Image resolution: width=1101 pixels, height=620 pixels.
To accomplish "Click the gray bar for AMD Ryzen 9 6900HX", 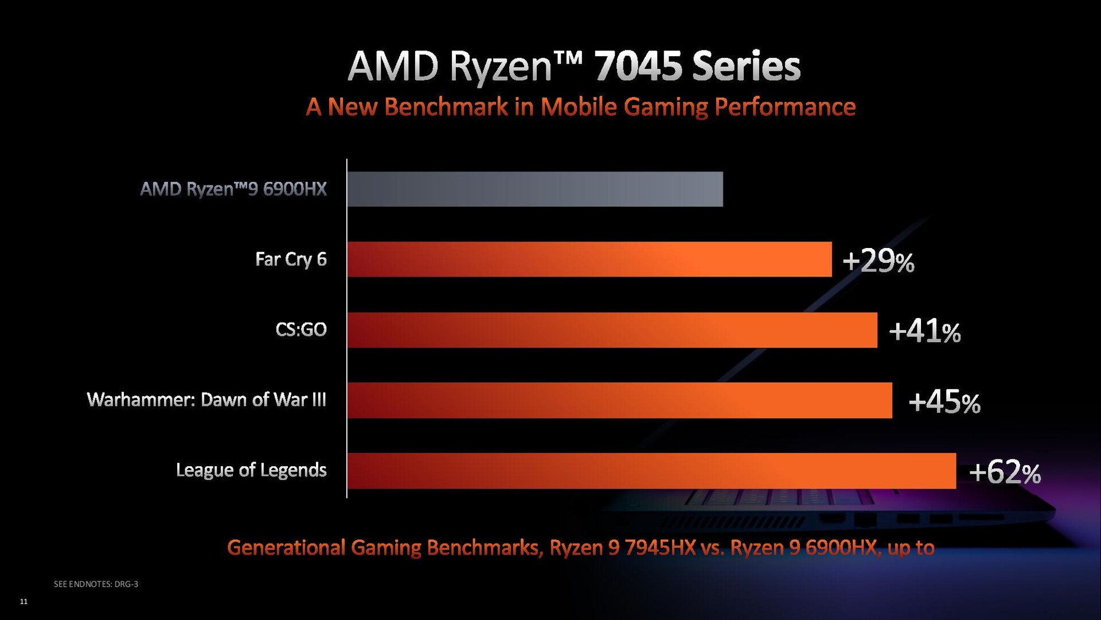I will (x=534, y=189).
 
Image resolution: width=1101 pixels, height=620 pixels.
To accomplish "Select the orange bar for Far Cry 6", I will (x=589, y=259).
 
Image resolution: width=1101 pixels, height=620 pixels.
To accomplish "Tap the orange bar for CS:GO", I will (x=612, y=330).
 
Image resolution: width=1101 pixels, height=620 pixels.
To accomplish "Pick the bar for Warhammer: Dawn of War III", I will (x=619, y=400).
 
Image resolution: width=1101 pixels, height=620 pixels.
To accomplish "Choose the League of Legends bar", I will (x=651, y=471).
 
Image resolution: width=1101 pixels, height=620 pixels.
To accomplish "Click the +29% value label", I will (x=878, y=261).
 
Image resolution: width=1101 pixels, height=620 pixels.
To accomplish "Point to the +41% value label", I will (x=924, y=331).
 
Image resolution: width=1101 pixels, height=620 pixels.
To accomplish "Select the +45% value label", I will (x=944, y=402).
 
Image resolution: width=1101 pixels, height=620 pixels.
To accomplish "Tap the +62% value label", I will (x=1005, y=472).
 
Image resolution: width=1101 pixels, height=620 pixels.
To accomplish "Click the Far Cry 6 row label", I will (x=291, y=259).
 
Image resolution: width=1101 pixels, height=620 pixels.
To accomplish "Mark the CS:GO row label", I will (x=301, y=330).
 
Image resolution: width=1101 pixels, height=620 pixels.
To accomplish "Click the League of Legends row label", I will (x=251, y=470).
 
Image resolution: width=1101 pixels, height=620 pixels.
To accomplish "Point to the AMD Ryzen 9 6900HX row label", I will (x=233, y=189).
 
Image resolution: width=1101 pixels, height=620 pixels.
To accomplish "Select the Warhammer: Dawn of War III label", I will (x=206, y=400).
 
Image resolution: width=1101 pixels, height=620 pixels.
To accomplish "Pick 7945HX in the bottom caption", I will (x=660, y=548).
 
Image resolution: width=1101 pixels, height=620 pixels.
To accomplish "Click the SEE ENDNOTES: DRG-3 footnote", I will (x=96, y=584).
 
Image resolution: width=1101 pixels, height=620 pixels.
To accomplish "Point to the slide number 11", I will (x=24, y=601).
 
